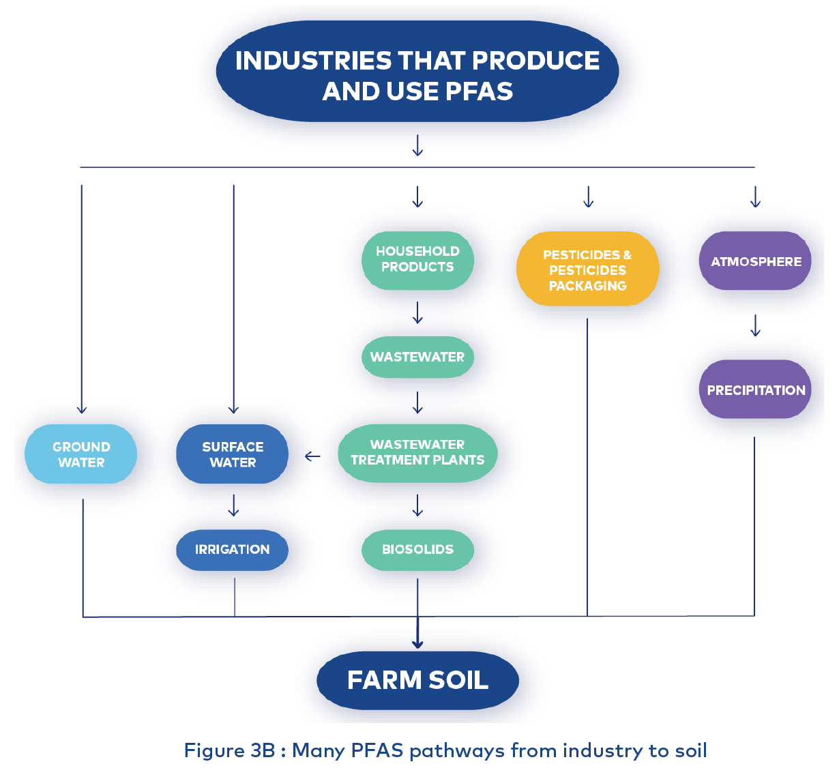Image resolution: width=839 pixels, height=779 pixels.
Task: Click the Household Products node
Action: point(417,260)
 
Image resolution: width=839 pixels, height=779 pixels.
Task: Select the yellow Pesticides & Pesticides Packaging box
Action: point(587,269)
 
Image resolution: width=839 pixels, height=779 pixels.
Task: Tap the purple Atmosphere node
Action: point(755,261)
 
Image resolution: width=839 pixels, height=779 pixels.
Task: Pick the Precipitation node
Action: point(755,390)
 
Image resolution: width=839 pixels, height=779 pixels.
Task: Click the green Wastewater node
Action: point(417,357)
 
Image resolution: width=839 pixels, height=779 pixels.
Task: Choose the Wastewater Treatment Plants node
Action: point(417,453)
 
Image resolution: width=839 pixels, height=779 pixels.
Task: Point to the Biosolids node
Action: point(417,549)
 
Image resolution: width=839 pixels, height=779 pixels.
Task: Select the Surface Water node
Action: point(233,454)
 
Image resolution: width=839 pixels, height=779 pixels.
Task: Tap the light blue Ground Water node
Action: point(81,454)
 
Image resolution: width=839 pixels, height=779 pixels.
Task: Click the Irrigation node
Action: point(233,549)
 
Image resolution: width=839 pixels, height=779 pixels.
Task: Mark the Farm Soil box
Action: point(417,680)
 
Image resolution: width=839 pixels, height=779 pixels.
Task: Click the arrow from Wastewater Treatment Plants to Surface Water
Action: point(312,456)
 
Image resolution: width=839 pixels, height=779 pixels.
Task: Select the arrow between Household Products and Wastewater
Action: point(417,313)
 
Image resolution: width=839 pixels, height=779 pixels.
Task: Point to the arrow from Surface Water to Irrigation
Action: point(233,505)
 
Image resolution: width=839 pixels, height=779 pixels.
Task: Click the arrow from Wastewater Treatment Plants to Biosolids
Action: point(417,505)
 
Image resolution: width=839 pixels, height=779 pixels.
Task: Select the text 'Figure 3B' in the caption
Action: point(229,751)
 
